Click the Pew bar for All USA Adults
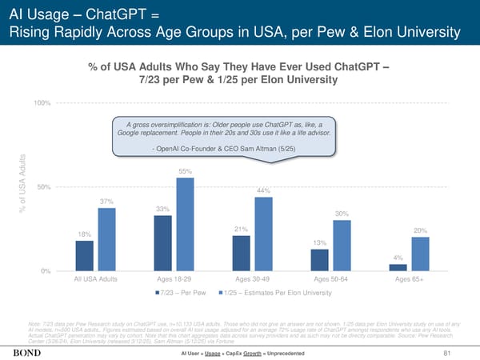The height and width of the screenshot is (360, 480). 85,255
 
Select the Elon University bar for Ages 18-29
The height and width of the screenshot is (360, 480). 185,224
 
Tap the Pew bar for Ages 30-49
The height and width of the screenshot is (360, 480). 241,253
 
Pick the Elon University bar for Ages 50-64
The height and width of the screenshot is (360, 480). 342,245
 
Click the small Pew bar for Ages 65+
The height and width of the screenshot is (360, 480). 398,267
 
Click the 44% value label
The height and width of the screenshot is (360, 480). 264,190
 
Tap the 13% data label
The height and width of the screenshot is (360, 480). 320,242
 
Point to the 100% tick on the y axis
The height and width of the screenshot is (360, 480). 42,103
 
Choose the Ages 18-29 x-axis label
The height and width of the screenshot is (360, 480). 174,279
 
